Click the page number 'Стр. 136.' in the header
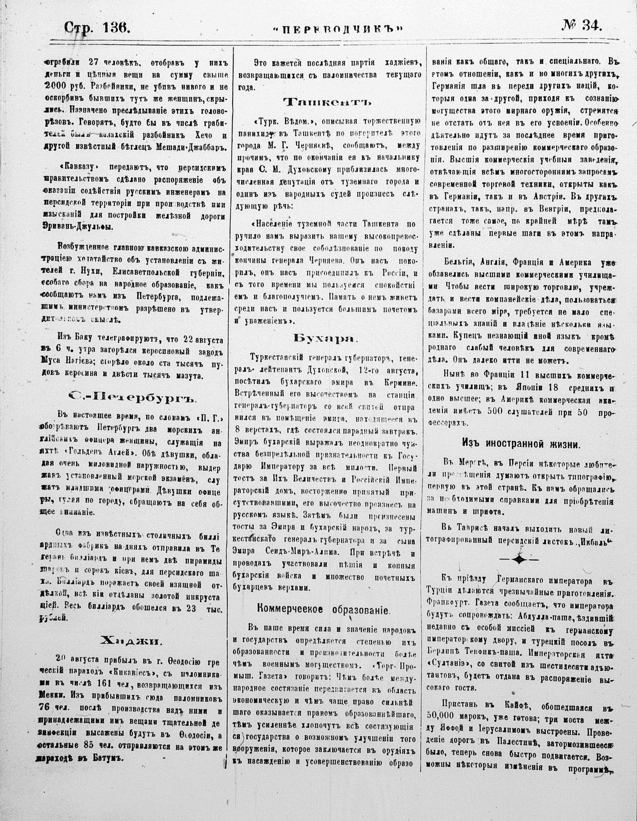point(96,25)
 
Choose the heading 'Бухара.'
point(324,338)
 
